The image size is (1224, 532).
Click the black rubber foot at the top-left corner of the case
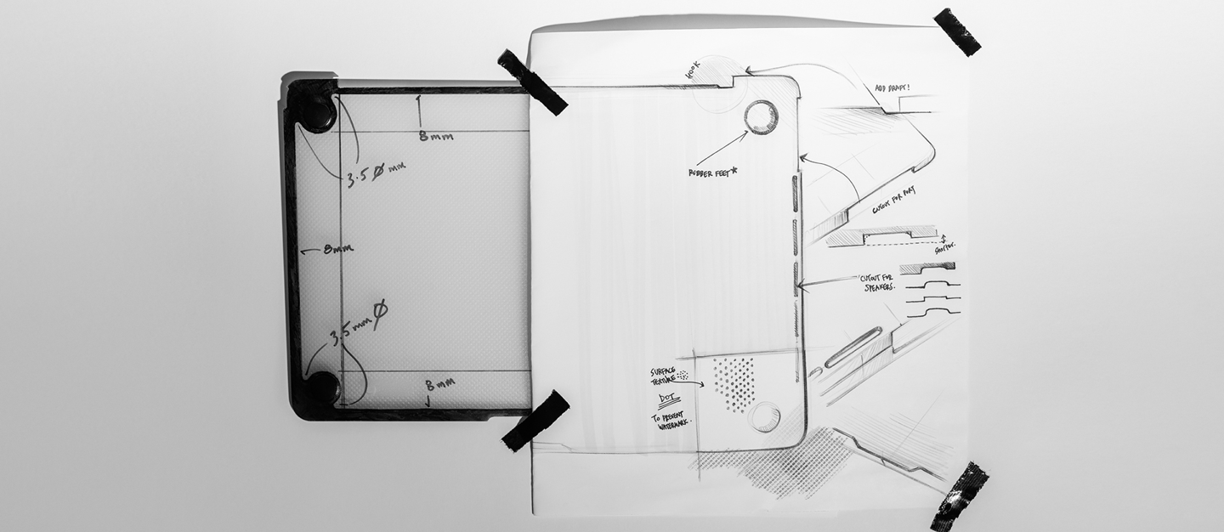click(315, 111)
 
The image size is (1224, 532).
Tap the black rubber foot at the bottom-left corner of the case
click(322, 388)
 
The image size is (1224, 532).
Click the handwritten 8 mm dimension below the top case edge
click(435, 136)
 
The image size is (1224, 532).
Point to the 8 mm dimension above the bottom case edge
click(439, 383)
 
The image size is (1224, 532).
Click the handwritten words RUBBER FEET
click(713, 173)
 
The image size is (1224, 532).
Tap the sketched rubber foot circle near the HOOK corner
click(761, 117)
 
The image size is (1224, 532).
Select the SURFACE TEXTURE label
click(663, 376)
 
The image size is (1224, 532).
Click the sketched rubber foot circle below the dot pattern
click(764, 416)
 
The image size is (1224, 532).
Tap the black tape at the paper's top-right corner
click(957, 31)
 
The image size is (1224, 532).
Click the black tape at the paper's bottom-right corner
click(960, 496)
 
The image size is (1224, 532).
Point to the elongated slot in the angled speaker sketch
click(853, 347)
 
